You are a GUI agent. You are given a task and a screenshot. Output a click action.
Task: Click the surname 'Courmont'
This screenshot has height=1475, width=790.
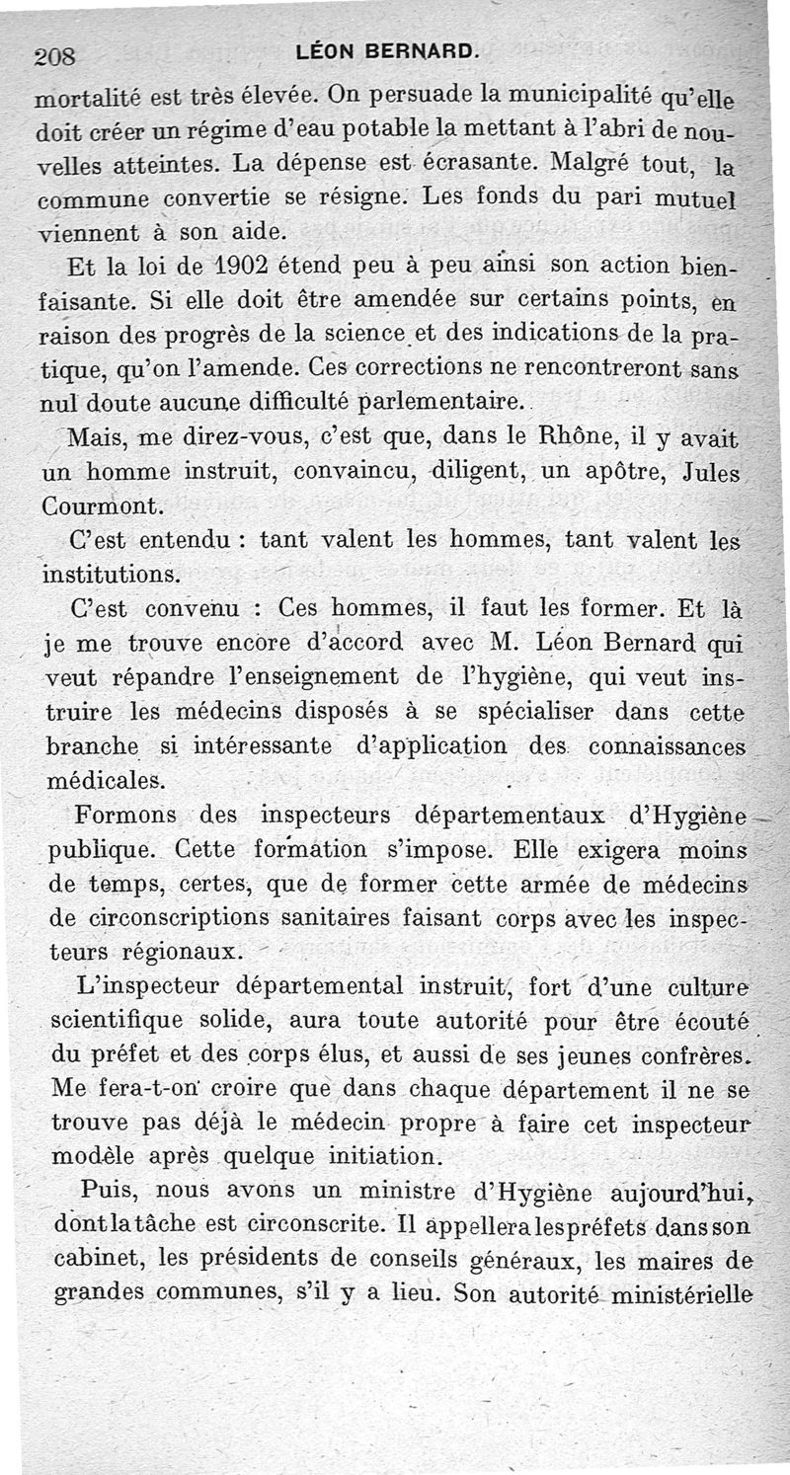tap(101, 505)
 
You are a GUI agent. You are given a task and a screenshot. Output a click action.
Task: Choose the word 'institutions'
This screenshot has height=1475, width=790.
tap(111, 574)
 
